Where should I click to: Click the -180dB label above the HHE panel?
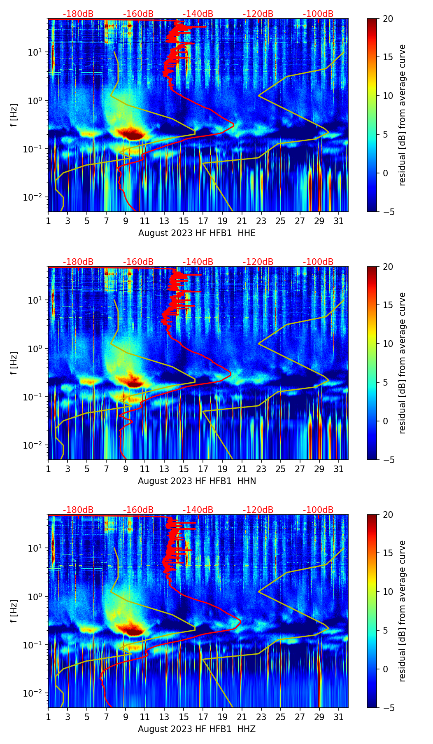pyautogui.click(x=78, y=14)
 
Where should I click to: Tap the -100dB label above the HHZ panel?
pyautogui.click(x=318, y=510)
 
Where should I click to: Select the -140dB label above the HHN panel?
pyautogui.click(x=198, y=262)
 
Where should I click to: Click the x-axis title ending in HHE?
pyautogui.click(x=197, y=233)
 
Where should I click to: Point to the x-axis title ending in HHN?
pyautogui.click(x=197, y=481)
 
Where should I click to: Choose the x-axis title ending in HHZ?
pyautogui.click(x=197, y=729)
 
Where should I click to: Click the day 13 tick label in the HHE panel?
pyautogui.click(x=164, y=221)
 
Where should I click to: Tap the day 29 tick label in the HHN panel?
pyautogui.click(x=319, y=469)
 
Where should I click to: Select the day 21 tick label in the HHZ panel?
pyautogui.click(x=242, y=717)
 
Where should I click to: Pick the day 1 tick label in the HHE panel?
pyautogui.click(x=49, y=221)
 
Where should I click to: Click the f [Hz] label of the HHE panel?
pyautogui.click(x=14, y=115)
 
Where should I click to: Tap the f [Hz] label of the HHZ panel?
pyautogui.click(x=14, y=611)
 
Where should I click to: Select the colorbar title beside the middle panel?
pyautogui.click(x=402, y=363)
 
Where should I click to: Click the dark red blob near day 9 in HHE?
pyautogui.click(x=130, y=133)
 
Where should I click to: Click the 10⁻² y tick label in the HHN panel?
pyautogui.click(x=35, y=445)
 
